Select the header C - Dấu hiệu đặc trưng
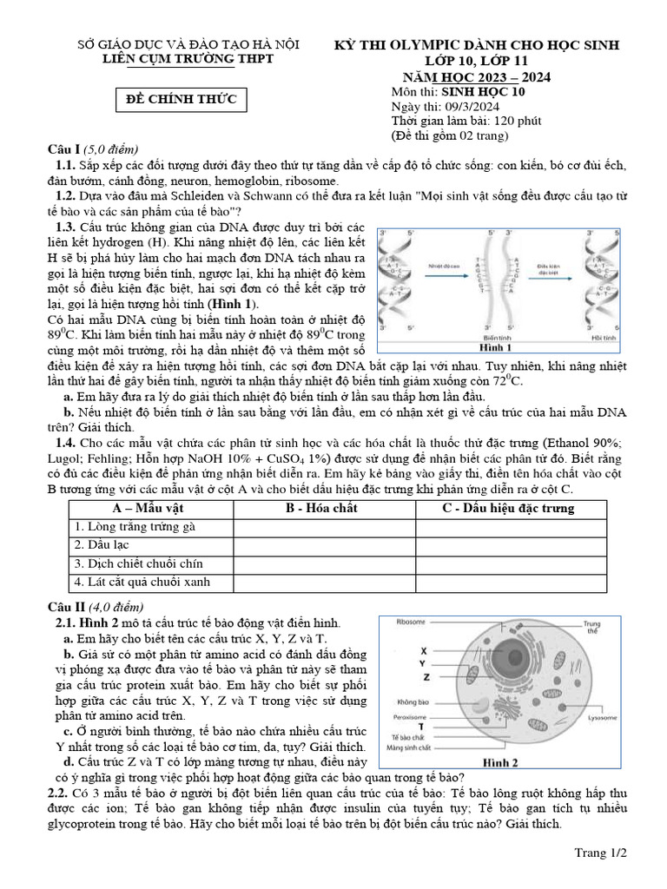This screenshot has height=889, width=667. click(508, 508)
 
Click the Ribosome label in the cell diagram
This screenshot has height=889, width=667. click(412, 622)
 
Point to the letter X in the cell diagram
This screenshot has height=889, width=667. click(423, 649)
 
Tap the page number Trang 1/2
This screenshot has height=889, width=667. click(600, 853)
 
